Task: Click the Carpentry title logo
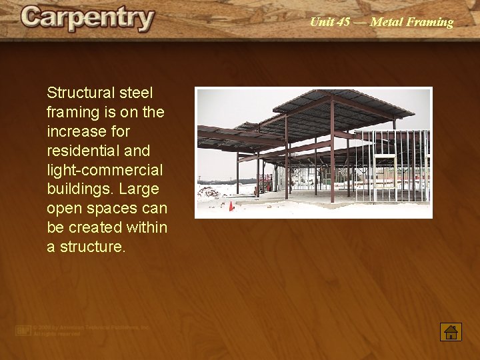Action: tap(87, 19)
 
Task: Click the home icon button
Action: tap(451, 331)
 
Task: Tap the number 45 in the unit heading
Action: tap(343, 22)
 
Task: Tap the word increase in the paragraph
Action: tap(75, 131)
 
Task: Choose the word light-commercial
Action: tap(105, 170)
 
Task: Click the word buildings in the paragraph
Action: tap(77, 189)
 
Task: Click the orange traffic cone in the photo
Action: tap(231, 206)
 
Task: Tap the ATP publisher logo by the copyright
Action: tap(24, 330)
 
